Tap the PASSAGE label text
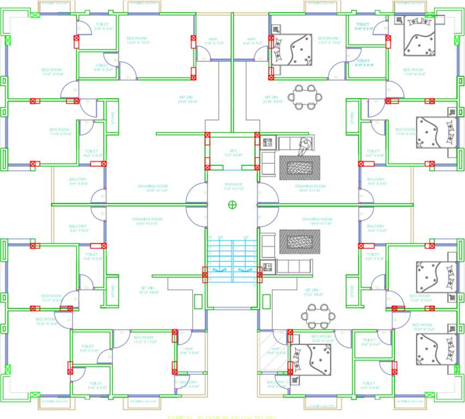click(233, 184)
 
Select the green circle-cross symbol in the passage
click(233, 205)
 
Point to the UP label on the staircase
click(246, 237)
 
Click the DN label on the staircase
click(221, 237)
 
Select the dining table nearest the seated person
click(305, 97)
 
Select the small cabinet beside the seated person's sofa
click(267, 143)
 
